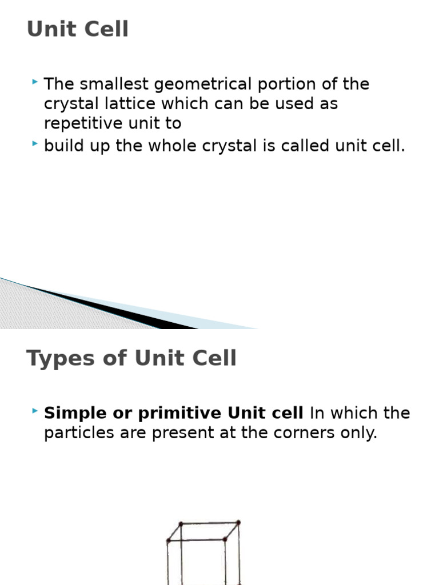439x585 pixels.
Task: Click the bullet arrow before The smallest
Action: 35,83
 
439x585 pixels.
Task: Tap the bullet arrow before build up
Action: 35,145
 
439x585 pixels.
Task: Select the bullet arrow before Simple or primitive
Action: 35,411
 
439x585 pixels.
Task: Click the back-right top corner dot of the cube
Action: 238,522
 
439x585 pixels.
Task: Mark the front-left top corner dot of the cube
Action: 169,540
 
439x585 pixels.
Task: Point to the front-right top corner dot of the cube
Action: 225,539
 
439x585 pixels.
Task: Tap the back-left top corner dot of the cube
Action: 181,523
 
